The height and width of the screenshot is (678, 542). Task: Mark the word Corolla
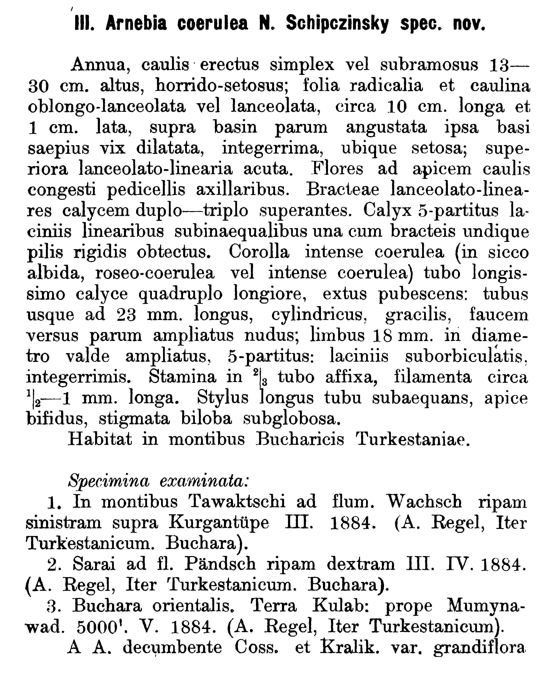259,252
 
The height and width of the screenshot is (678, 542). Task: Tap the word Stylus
223,398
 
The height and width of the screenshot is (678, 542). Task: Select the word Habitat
100,439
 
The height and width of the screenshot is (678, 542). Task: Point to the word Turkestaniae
413,439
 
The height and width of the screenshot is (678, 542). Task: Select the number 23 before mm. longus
126,315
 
